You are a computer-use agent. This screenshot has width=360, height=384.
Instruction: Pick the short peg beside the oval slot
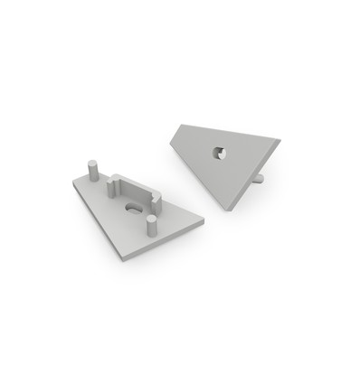point(152,224)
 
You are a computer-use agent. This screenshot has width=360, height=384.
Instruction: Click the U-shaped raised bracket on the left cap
point(133,188)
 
